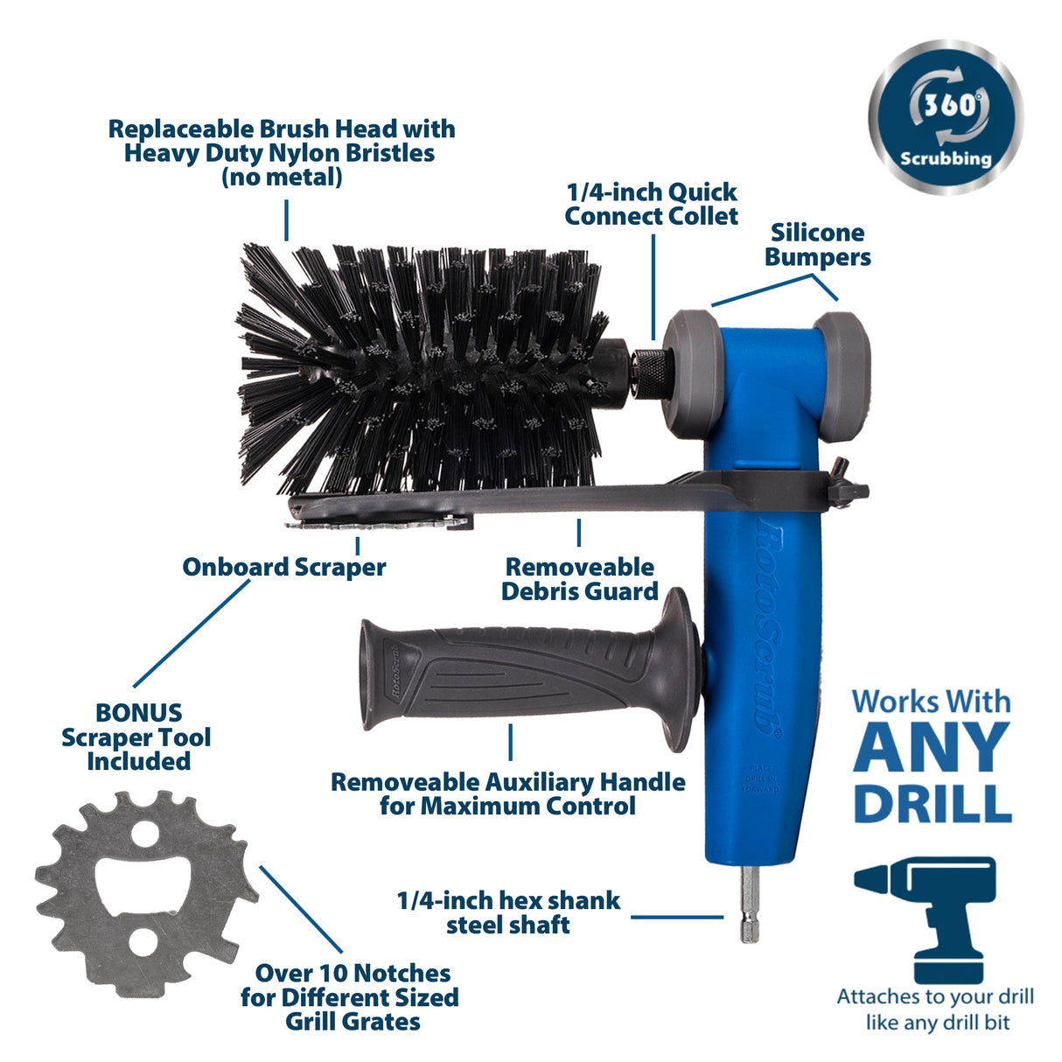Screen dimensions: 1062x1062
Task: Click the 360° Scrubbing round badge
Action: point(945,117)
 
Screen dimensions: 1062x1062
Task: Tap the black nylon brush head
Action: point(420,376)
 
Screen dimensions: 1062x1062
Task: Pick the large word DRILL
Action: point(933,805)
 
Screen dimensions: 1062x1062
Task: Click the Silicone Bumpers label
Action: point(817,245)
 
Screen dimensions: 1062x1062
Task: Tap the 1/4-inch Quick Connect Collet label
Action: point(651,204)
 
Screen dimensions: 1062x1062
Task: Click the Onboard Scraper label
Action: point(283,567)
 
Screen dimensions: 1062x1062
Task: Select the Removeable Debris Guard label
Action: point(579,579)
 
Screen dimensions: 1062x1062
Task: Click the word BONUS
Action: point(138,712)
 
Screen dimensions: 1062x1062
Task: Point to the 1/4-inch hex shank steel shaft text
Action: point(508,912)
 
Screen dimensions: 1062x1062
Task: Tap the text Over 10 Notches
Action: point(353,973)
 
